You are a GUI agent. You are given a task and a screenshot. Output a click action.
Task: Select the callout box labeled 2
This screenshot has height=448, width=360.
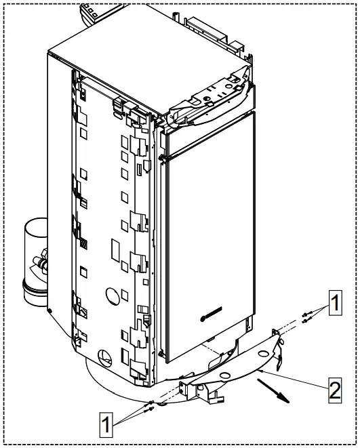click(x=333, y=389)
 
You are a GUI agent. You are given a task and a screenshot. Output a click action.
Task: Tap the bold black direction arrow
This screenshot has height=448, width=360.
click(x=273, y=391)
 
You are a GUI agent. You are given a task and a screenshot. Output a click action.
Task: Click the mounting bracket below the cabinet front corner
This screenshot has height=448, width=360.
click(x=191, y=389)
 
